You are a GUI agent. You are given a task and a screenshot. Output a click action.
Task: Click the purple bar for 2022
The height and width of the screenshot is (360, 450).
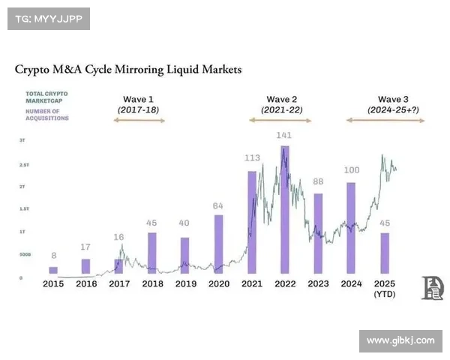(285, 210)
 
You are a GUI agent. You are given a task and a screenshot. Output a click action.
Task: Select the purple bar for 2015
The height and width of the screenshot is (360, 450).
(53, 271)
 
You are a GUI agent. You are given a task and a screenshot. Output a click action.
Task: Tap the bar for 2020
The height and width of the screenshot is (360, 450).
(218, 244)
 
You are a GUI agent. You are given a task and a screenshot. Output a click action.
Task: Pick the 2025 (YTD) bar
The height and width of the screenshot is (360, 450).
(385, 253)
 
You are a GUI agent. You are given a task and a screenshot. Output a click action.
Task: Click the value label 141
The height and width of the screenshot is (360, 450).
(284, 136)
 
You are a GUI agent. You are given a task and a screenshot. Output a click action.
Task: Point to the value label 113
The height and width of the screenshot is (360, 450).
(252, 158)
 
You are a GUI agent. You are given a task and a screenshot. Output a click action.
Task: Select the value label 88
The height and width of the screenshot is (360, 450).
(318, 181)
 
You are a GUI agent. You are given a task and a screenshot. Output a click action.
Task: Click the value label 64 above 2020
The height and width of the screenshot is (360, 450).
(218, 205)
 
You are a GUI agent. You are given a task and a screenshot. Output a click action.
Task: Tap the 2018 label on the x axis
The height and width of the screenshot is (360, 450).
(153, 283)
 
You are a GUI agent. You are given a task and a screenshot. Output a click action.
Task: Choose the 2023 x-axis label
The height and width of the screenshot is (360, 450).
(318, 283)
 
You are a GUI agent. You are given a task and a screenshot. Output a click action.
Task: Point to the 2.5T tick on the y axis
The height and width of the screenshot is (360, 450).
(24, 163)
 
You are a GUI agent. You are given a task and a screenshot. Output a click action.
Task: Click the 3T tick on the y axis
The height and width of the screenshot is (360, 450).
(22, 140)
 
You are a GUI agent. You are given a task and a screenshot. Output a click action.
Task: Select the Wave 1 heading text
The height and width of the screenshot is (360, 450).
(139, 99)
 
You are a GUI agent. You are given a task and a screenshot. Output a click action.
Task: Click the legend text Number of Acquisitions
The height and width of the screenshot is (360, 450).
(47, 115)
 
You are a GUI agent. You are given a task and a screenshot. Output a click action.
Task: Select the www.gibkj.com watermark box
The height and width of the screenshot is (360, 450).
(400, 340)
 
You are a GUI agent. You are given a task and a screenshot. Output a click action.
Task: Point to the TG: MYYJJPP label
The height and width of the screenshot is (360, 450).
(48, 18)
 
